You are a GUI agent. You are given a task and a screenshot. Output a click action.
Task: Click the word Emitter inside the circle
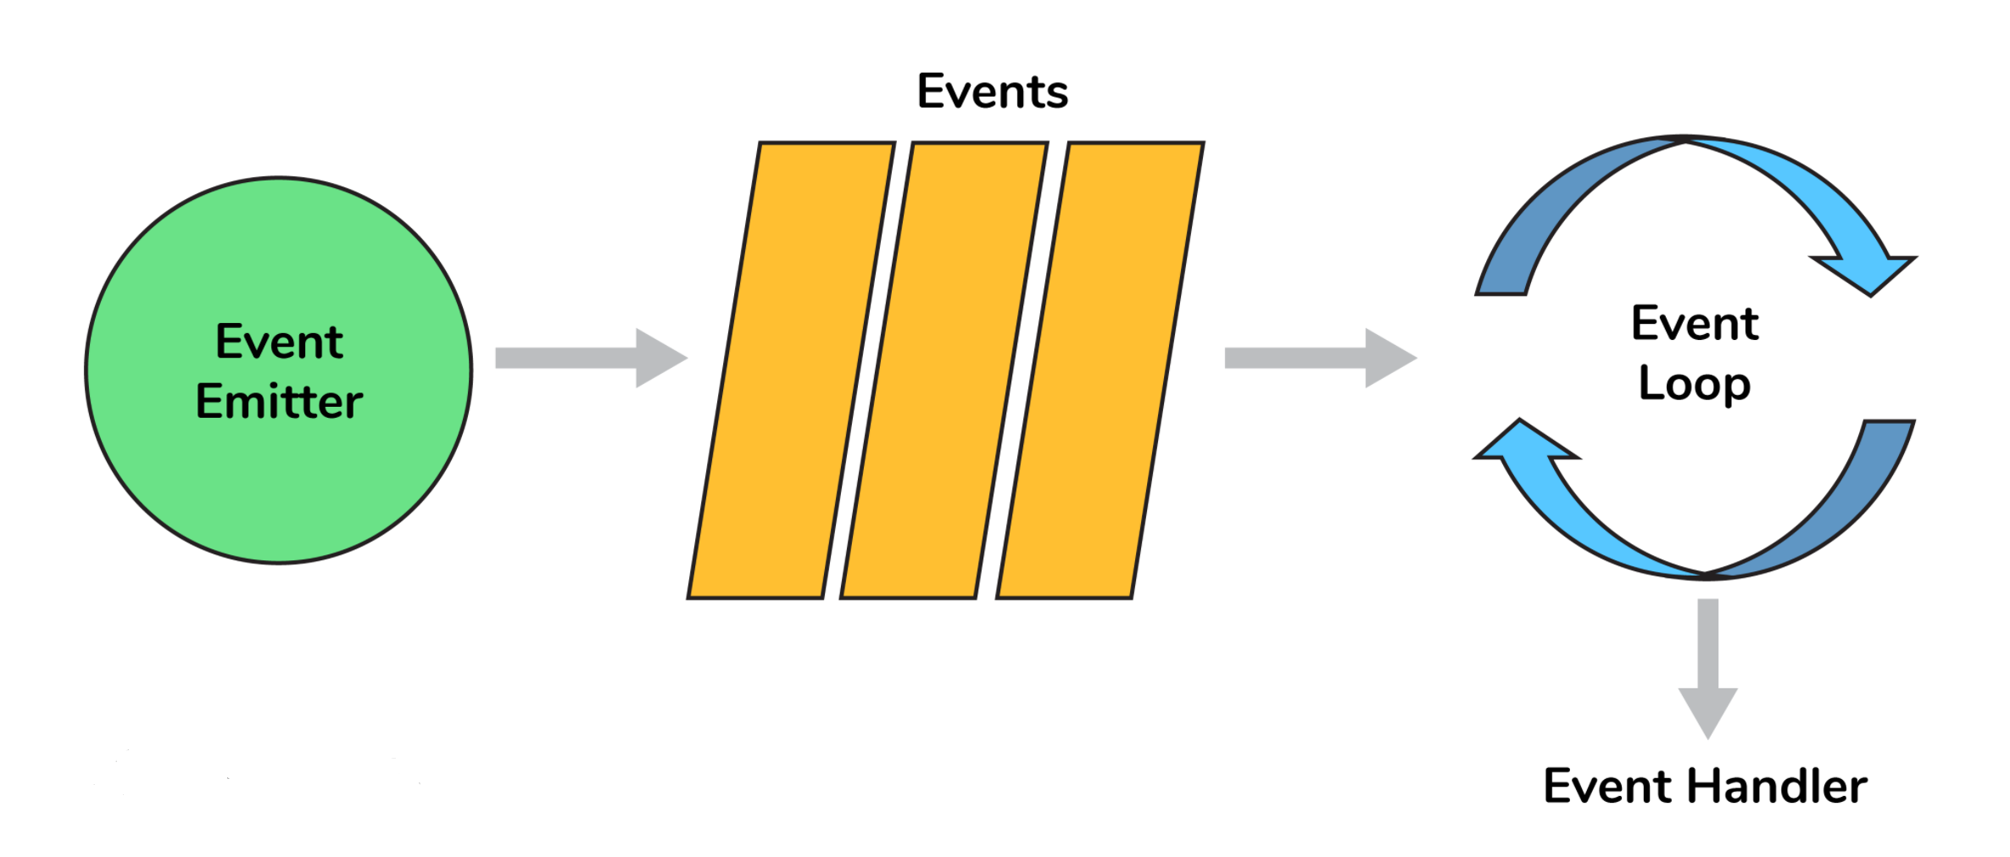coord(279,402)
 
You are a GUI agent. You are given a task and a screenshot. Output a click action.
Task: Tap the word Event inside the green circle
coord(279,342)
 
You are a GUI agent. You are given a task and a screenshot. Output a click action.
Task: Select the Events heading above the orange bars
coord(992,92)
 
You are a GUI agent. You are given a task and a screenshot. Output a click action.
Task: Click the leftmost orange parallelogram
coord(791,370)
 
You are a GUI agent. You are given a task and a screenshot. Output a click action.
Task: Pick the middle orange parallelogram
coord(944,370)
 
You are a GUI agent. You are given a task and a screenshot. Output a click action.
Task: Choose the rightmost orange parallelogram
coord(1100,370)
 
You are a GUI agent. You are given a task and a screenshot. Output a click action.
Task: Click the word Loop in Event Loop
coord(1694,384)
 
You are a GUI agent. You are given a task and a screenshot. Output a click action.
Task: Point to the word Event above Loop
coord(1695,323)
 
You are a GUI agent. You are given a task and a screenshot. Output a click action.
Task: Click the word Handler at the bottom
coord(1777,786)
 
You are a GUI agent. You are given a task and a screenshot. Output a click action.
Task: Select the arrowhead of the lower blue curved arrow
coord(1522,442)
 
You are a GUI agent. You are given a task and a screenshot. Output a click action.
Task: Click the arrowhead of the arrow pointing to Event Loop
coord(1389,358)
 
